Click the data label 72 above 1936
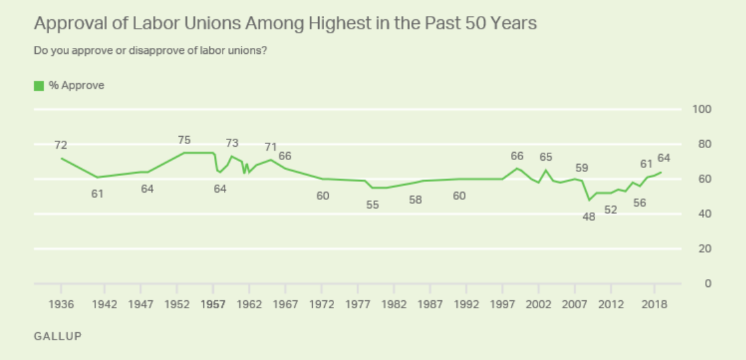tap(61, 145)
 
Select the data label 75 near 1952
tap(185, 140)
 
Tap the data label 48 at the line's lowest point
tap(589, 216)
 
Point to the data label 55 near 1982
tap(372, 205)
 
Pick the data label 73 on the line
tap(232, 143)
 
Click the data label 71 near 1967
tap(270, 147)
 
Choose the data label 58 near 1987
tap(415, 199)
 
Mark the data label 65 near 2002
tap(546, 157)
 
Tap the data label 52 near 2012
tap(610, 210)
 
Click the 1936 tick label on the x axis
tap(61, 305)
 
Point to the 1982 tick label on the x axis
tap(394, 305)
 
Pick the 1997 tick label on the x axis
tap(502, 305)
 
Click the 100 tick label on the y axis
tap(702, 110)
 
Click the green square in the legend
tap(39, 86)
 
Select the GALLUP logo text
tap(58, 336)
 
